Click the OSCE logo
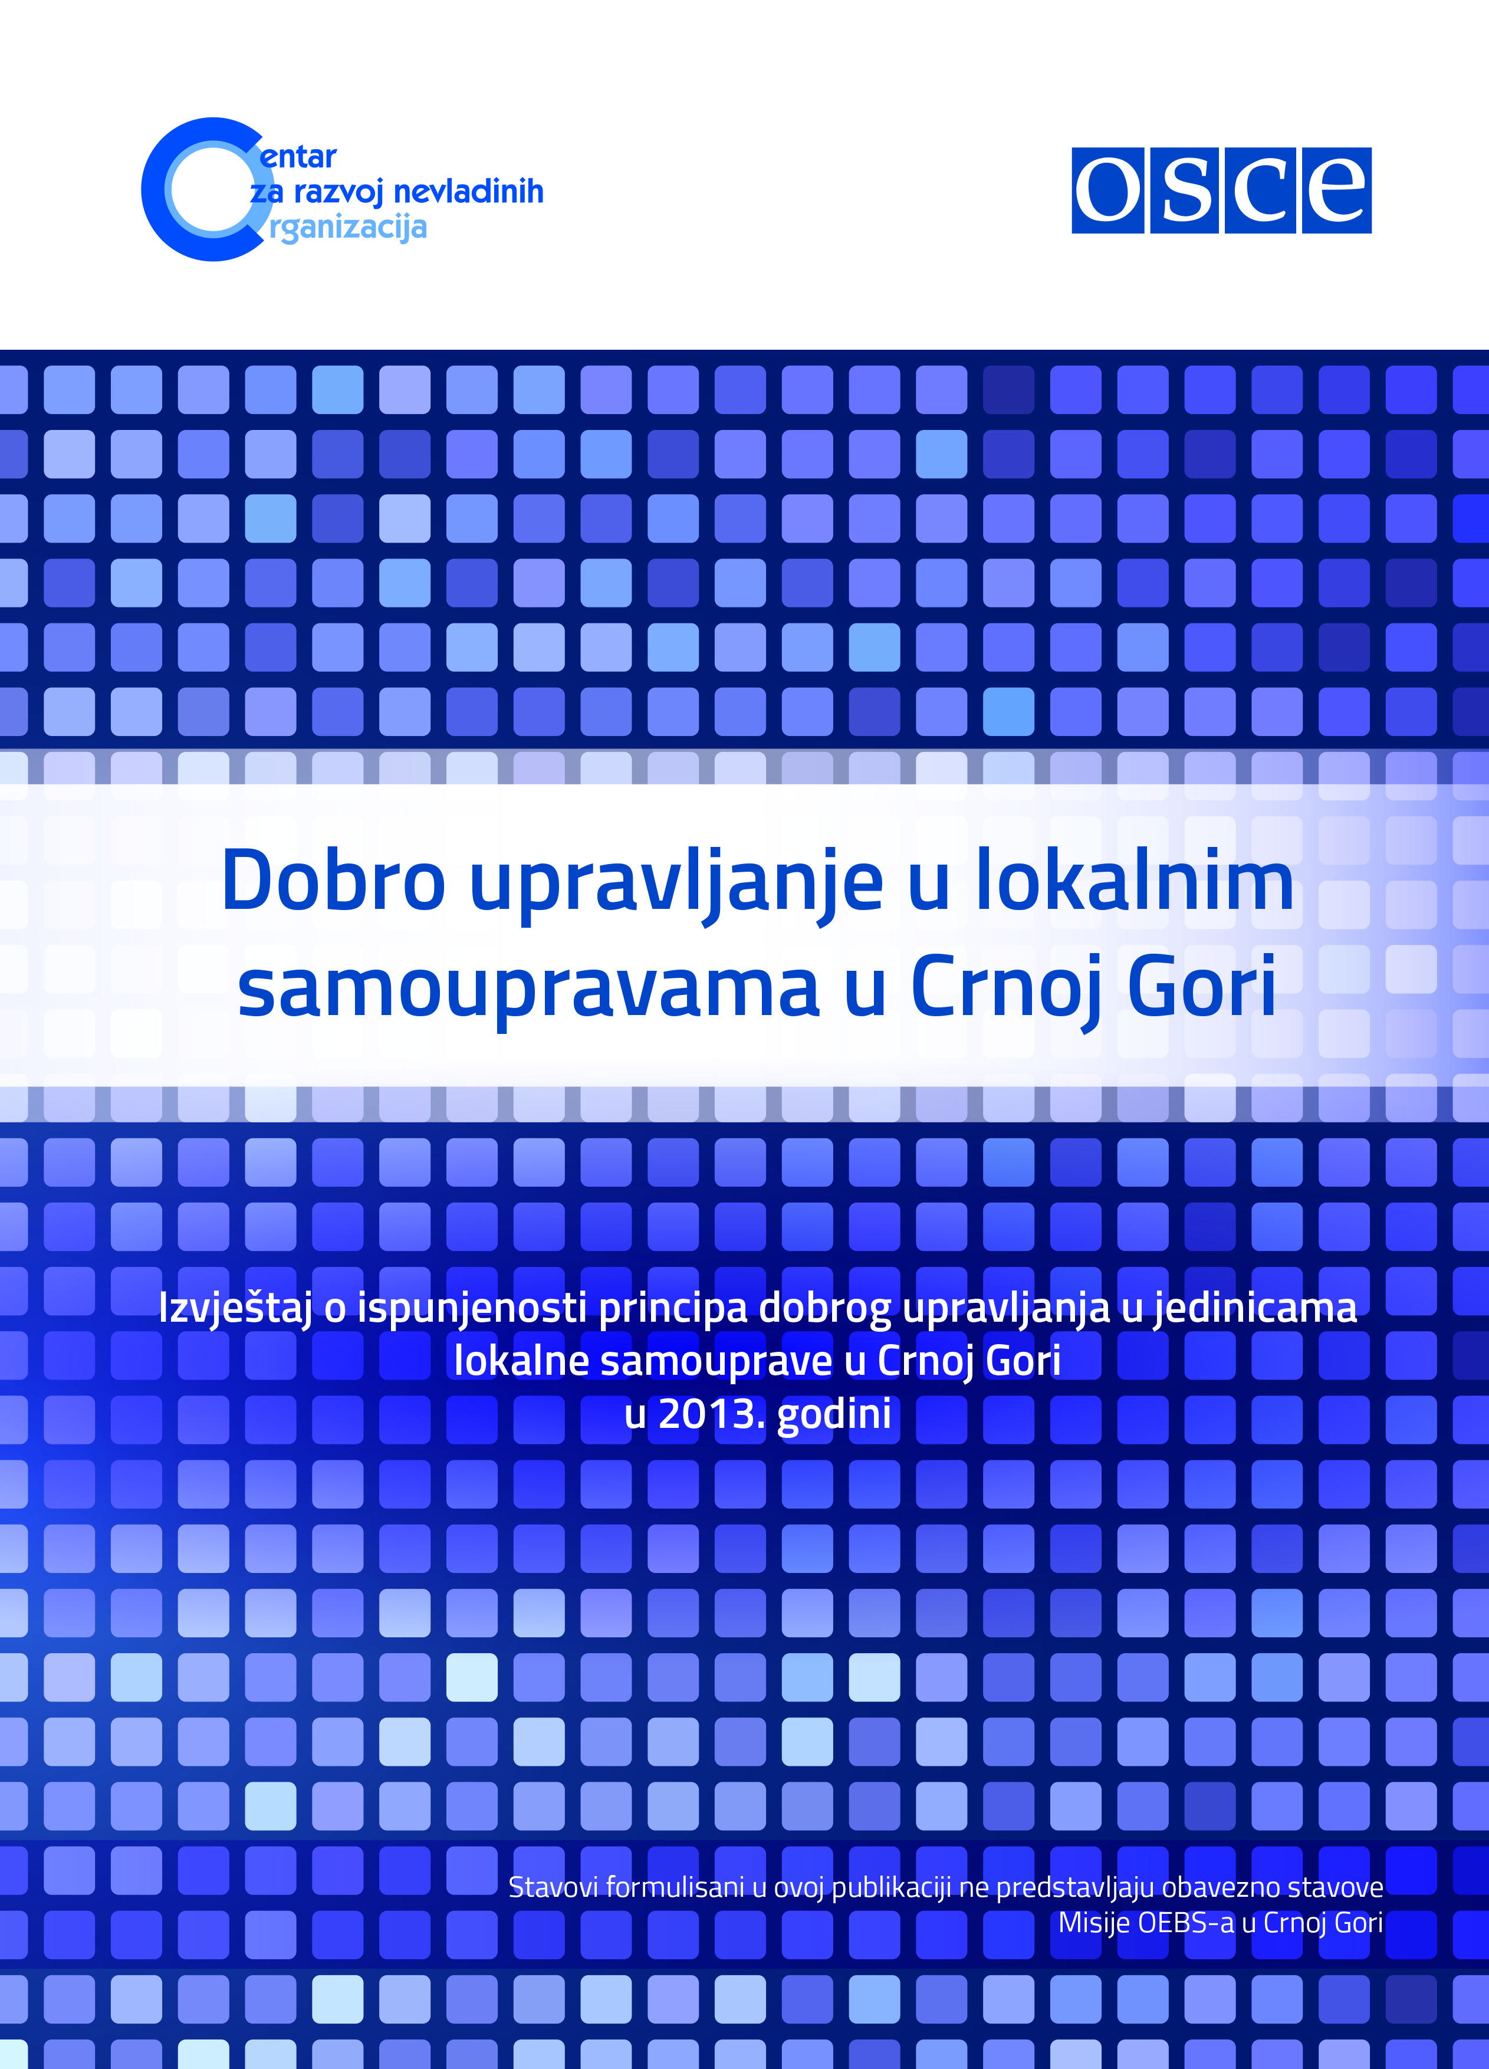coord(1221,190)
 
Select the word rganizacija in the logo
coord(347,227)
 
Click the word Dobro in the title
coord(334,881)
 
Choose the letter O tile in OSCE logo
coord(1107,190)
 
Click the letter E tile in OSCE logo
coord(1337,190)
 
